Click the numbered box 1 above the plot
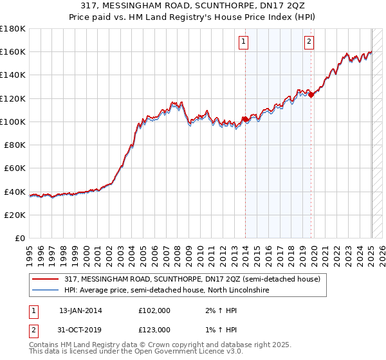tap(244, 42)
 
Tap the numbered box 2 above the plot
tap(309, 42)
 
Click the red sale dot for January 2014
tap(245, 119)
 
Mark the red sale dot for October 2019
tap(311, 94)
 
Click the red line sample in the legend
tap(45, 279)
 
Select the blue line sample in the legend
tap(45, 291)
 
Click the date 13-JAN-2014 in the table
tap(80, 310)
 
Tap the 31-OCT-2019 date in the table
tap(80, 330)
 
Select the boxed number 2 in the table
tap(33, 330)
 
